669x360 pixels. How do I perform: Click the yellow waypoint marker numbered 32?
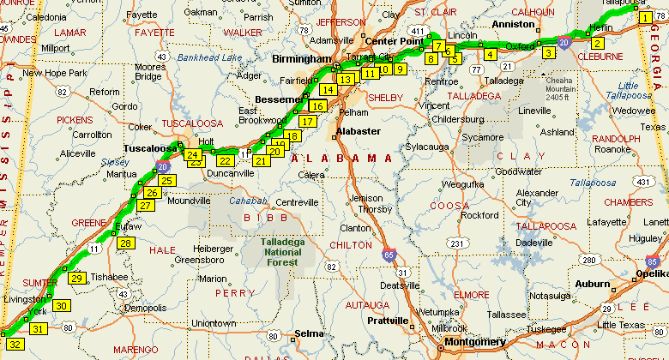[x=15, y=345]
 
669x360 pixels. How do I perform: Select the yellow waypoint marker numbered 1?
[x=646, y=17]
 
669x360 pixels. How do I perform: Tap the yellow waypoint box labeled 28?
[x=126, y=244]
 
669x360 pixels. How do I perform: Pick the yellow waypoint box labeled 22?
[x=226, y=160]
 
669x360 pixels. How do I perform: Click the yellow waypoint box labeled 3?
[x=549, y=53]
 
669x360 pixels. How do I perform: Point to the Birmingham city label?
[x=300, y=59]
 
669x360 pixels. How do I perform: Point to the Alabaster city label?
[x=358, y=131]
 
